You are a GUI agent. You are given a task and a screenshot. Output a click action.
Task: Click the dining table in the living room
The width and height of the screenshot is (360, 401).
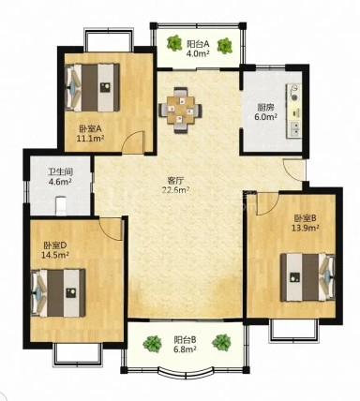180,111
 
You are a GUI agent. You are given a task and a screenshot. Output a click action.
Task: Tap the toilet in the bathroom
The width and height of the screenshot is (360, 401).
61,205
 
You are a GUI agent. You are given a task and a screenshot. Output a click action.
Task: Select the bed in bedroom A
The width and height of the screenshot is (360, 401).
93,87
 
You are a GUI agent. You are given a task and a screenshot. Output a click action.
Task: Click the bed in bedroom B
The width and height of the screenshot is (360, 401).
307,277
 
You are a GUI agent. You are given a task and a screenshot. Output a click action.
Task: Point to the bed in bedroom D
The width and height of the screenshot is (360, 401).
58,292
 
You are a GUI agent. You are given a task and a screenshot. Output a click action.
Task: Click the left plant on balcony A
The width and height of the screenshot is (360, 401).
174,43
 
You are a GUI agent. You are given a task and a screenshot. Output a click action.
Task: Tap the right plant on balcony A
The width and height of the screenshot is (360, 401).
224,46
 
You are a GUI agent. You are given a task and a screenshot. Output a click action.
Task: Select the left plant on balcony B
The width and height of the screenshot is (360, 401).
152,344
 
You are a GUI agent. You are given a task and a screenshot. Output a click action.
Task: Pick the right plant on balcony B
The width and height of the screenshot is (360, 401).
221,342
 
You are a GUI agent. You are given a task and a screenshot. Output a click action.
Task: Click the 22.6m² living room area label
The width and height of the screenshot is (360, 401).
175,190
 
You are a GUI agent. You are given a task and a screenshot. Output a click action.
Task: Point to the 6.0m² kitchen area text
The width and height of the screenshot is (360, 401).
265,117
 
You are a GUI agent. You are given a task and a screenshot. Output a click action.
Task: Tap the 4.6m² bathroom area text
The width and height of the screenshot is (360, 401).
60,181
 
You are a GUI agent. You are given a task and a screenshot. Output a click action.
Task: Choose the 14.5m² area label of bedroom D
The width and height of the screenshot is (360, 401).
55,255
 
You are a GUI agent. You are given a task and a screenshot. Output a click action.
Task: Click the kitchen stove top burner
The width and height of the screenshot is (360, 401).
293,92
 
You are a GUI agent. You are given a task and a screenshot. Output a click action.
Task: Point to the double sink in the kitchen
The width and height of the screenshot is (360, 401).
294,129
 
